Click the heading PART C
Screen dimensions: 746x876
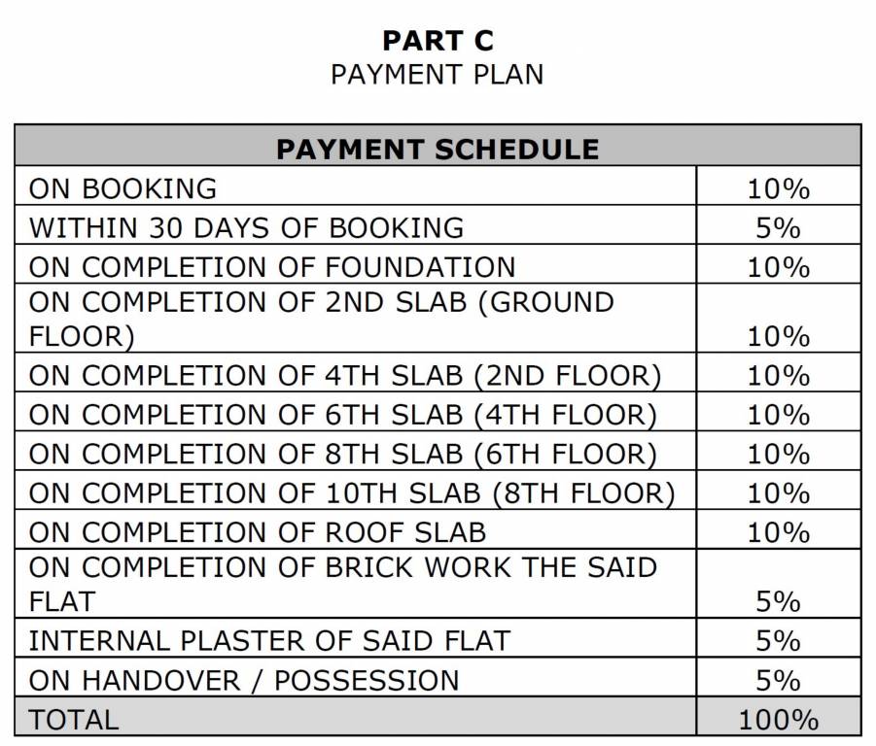pyautogui.click(x=438, y=41)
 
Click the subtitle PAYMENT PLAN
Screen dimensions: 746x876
pyautogui.click(x=438, y=75)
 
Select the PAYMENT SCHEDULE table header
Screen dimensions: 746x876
pyautogui.click(x=438, y=149)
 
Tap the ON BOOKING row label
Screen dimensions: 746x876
pyautogui.click(x=123, y=188)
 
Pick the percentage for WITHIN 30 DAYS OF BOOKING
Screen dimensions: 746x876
pyautogui.click(x=778, y=228)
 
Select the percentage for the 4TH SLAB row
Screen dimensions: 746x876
pyautogui.click(x=778, y=376)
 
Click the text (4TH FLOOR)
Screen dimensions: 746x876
pyautogui.click(x=566, y=416)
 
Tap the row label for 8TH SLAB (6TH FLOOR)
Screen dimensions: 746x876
pyautogui.click(x=342, y=455)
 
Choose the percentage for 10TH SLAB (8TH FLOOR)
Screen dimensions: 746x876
pyautogui.click(x=778, y=493)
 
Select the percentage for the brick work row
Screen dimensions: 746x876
pyautogui.click(x=778, y=602)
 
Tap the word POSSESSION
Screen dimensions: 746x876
pyautogui.click(x=367, y=680)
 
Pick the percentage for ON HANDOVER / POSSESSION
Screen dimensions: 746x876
pyautogui.click(x=778, y=680)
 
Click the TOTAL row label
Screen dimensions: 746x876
pyautogui.click(x=74, y=720)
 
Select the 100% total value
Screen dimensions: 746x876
pyautogui.click(x=778, y=720)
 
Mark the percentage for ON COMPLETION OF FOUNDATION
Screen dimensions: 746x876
pyautogui.click(x=778, y=267)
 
